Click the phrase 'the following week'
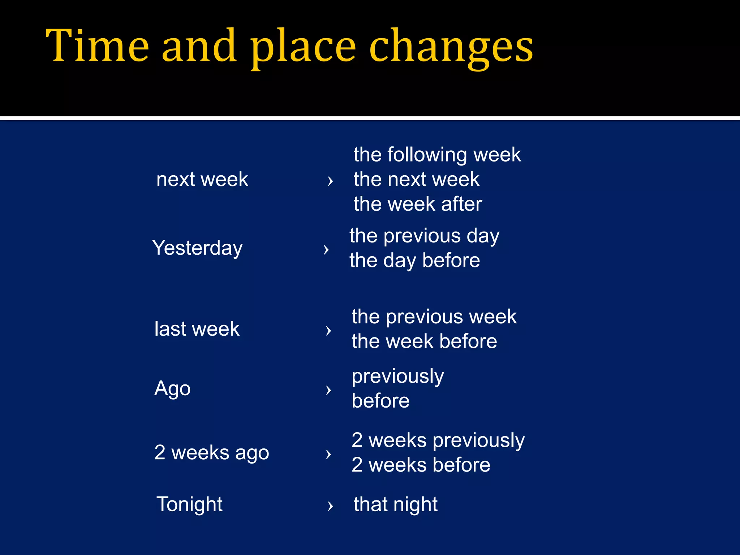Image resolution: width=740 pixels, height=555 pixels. coord(437,155)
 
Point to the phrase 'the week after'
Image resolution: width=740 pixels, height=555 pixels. coord(417,204)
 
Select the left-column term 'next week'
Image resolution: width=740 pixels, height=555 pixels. coord(202,179)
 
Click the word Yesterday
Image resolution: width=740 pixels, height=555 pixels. coord(197,248)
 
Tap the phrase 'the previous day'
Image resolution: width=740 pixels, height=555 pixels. coord(424,236)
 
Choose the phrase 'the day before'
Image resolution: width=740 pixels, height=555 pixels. coord(414,261)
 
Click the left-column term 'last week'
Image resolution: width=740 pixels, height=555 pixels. coord(197,329)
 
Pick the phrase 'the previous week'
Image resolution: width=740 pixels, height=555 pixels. coord(434,317)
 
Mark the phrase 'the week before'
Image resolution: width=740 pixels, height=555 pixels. coord(424,341)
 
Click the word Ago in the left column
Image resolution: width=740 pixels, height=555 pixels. coord(172,389)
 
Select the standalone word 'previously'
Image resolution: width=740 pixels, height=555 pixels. coord(397,377)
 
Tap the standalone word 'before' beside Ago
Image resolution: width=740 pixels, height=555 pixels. coord(380,401)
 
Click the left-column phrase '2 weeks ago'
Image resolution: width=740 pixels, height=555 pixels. coord(211,453)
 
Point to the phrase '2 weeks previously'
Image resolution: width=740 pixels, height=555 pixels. coord(438,440)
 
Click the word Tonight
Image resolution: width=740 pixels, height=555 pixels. coord(189,504)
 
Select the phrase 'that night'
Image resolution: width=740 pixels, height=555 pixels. coord(395,504)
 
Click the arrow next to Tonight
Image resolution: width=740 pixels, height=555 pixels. coord(330,506)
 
